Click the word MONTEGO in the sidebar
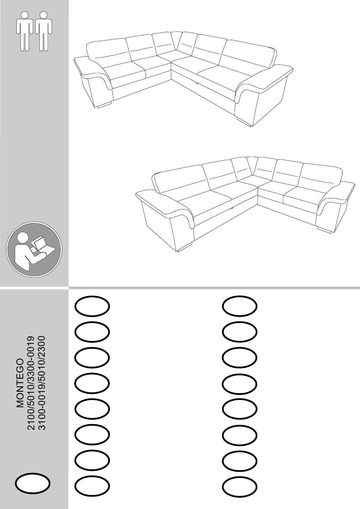click(20, 383)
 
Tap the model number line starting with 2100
click(31, 383)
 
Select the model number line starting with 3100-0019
click(42, 383)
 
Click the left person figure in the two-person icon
click(25, 31)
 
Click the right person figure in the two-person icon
click(44, 31)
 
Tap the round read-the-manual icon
click(34, 250)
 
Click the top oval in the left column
click(92, 306)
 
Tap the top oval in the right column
click(240, 306)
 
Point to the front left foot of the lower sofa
click(185, 247)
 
